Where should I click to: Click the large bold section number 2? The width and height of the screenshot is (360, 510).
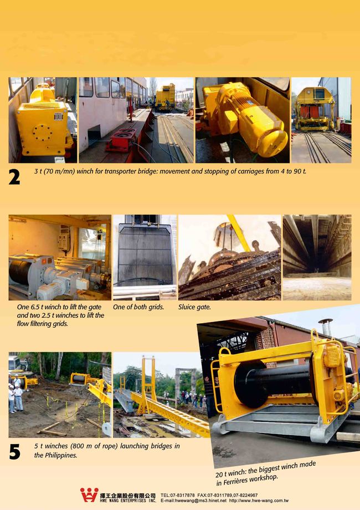click(14, 177)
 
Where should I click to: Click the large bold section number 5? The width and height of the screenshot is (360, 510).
click(14, 452)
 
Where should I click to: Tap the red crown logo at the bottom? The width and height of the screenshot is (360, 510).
click(89, 494)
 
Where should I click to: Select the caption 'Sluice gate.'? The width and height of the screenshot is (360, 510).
click(194, 307)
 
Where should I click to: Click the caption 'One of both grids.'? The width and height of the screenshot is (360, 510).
click(138, 307)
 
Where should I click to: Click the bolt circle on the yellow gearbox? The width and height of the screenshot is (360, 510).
click(42, 133)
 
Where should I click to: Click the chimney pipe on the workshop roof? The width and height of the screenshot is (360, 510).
click(326, 327)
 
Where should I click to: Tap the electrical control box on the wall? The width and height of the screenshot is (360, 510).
click(64, 241)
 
